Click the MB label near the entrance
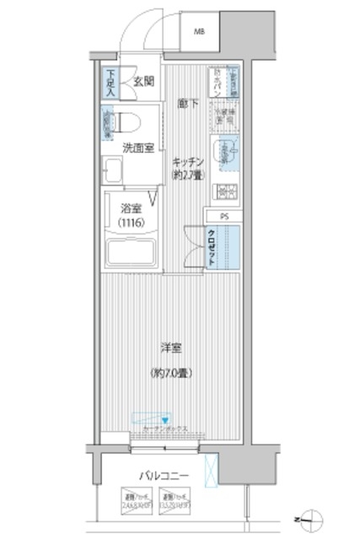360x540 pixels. tap(201, 33)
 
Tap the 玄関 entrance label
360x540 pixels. tap(142, 82)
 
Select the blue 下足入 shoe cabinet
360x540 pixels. tap(110, 81)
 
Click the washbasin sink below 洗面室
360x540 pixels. tap(112, 170)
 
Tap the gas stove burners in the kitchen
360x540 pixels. tap(227, 191)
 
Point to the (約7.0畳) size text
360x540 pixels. tap(171, 372)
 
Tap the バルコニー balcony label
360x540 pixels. tap(164, 478)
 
